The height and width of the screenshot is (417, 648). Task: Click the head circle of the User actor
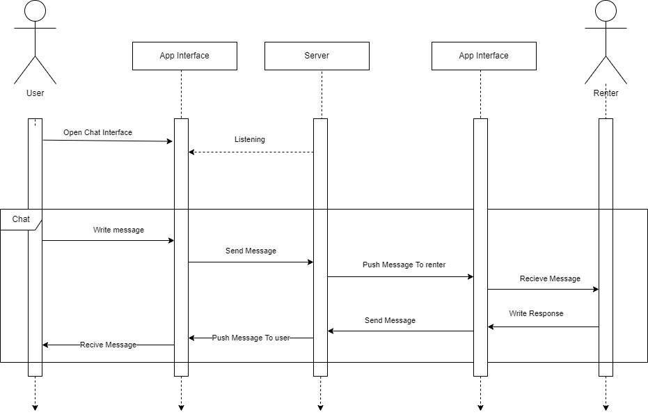(x=35, y=10)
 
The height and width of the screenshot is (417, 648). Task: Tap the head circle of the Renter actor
(x=606, y=10)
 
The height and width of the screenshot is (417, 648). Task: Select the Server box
(x=317, y=56)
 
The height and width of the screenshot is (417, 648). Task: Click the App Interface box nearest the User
(x=184, y=56)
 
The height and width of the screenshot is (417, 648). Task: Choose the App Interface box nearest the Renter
(x=484, y=56)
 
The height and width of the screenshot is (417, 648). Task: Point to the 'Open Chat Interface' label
(x=97, y=132)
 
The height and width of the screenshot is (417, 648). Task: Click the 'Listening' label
(x=249, y=139)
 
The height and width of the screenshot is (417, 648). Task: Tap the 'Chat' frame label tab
(x=21, y=219)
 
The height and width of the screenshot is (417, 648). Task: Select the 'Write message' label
(x=118, y=230)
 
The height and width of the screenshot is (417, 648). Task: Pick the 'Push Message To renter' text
(x=404, y=265)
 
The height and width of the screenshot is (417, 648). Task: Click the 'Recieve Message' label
(x=550, y=278)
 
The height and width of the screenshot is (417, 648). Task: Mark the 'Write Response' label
(x=536, y=313)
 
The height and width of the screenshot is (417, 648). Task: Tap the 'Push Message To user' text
(x=251, y=338)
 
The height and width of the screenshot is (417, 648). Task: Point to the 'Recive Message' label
(x=108, y=345)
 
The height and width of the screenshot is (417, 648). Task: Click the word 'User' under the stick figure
(x=35, y=93)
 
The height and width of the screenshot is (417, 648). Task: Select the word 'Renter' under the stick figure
(x=606, y=93)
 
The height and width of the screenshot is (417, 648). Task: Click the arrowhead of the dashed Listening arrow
(x=191, y=152)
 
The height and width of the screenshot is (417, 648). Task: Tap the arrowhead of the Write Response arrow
(x=491, y=326)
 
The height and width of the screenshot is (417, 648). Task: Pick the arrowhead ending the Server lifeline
(x=320, y=407)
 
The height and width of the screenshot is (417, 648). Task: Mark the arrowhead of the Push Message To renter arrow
(x=471, y=276)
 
